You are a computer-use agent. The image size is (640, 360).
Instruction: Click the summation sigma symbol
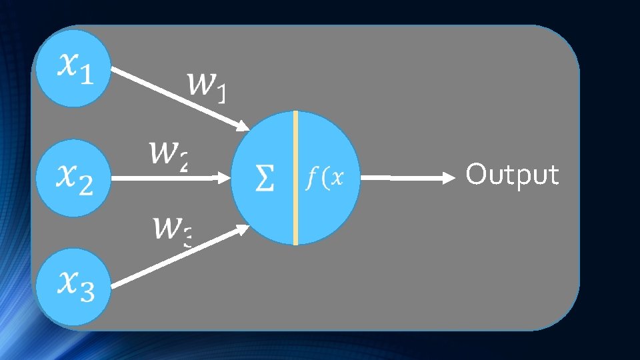264,178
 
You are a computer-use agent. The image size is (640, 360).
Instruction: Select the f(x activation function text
325,178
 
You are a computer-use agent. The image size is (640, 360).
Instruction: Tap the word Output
512,175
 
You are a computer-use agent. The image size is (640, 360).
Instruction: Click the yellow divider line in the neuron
295,178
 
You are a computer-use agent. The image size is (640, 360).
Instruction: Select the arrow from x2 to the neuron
167,178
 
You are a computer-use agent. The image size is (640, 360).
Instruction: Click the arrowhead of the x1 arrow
242,125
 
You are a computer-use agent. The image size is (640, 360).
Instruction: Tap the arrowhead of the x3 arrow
242,229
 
